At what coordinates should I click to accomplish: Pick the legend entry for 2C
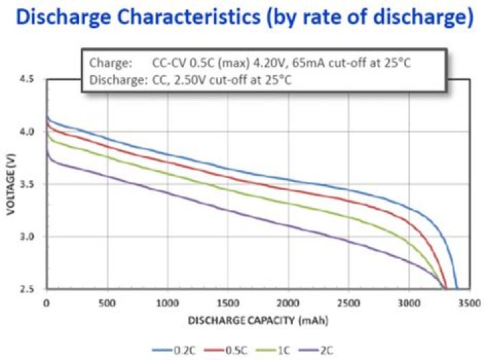(326, 351)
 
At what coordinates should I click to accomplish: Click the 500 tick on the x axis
(106, 302)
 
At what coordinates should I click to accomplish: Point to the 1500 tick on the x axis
(227, 302)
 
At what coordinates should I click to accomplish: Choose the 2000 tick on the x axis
(288, 302)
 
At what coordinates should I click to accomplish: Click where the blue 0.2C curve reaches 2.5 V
(457, 289)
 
